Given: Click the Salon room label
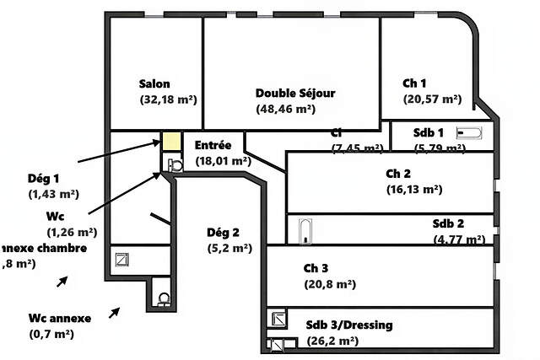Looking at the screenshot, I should pyautogui.click(x=154, y=83).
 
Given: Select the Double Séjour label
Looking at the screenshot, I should pyautogui.click(x=295, y=94).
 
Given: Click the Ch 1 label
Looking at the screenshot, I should pyautogui.click(x=414, y=83).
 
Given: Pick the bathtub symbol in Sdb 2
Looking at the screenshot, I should pyautogui.click(x=305, y=228).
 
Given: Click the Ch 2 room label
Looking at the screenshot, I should pyautogui.click(x=398, y=174).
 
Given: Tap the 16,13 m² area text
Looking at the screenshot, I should pyautogui.click(x=414, y=189).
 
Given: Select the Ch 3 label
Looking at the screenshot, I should pyautogui.click(x=316, y=268).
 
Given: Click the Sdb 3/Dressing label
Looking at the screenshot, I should pyautogui.click(x=348, y=325).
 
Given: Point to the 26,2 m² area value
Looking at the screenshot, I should pyautogui.click(x=332, y=341).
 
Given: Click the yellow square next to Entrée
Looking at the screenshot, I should pyautogui.click(x=171, y=142).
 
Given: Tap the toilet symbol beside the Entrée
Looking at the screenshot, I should pyautogui.click(x=174, y=165).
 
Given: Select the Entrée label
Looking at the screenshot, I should pyautogui.click(x=213, y=145).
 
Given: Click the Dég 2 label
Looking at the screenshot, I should pyautogui.click(x=224, y=233).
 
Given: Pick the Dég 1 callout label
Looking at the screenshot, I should pyautogui.click(x=44, y=178).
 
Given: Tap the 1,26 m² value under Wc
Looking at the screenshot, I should pyautogui.click(x=72, y=232).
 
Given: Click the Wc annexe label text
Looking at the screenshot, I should pyautogui.click(x=59, y=318).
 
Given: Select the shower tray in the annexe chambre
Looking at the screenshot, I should pyautogui.click(x=122, y=260).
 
